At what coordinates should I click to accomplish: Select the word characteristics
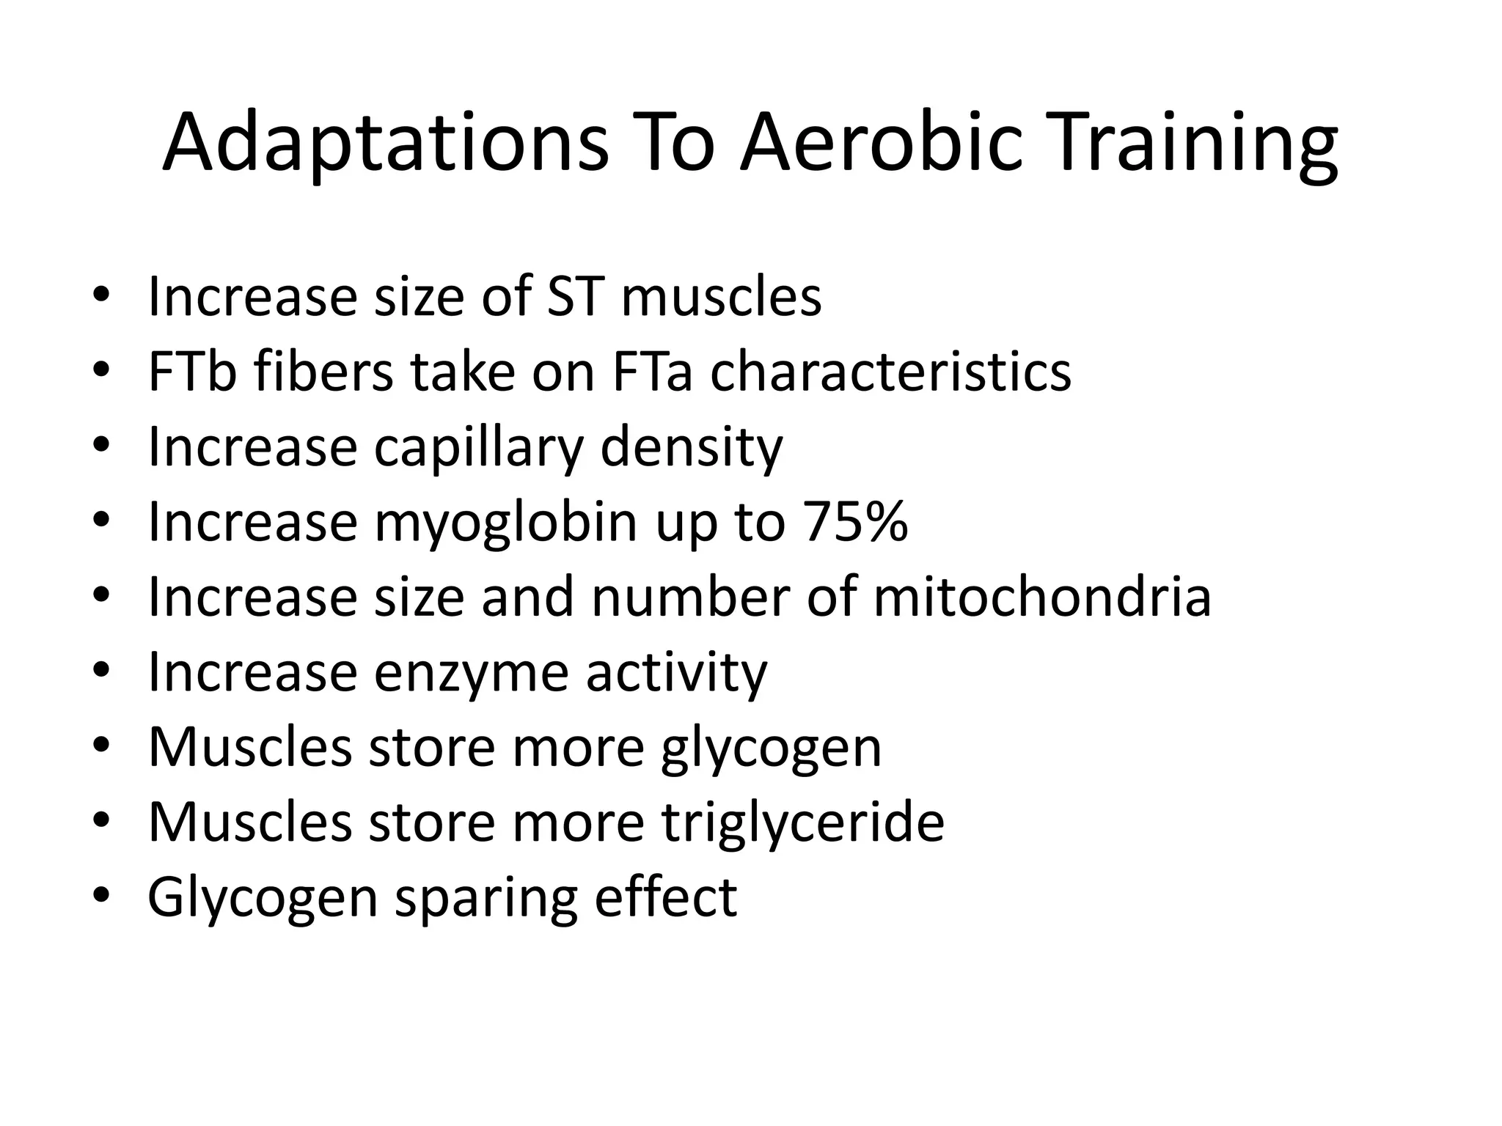890,372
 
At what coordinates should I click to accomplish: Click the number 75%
855,522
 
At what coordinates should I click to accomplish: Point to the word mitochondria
1042,597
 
